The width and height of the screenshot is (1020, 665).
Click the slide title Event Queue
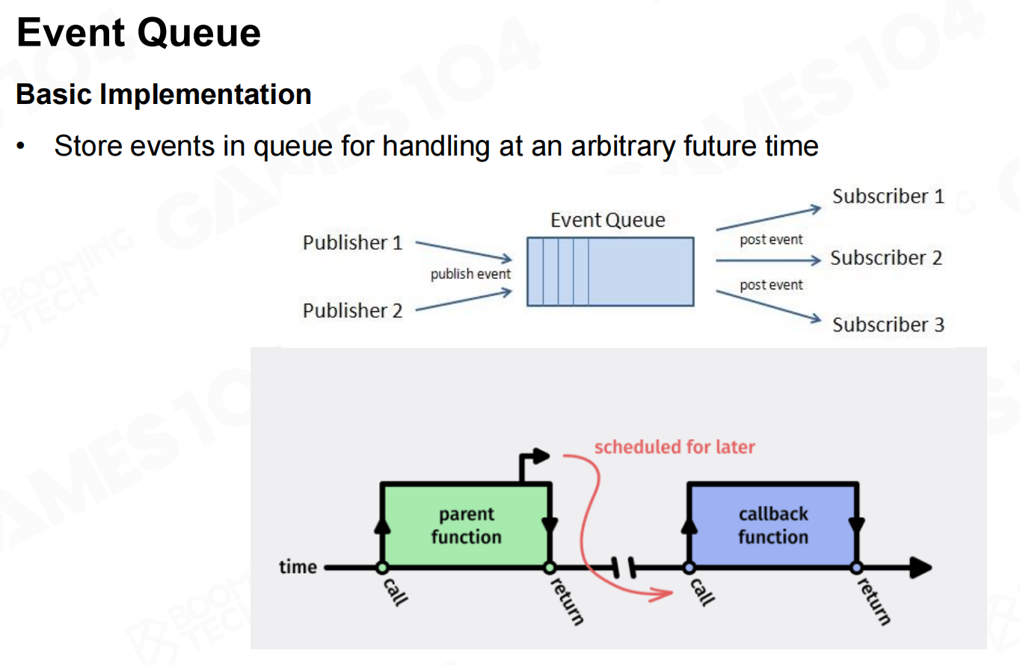click(x=138, y=34)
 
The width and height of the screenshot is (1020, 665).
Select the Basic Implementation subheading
click(x=163, y=95)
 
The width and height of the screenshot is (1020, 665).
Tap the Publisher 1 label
click(x=352, y=242)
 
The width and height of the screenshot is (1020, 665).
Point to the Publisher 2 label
click(x=352, y=310)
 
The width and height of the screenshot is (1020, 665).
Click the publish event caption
click(x=470, y=274)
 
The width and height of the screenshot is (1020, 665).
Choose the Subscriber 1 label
click(x=888, y=197)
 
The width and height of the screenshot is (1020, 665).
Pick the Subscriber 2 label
click(x=886, y=258)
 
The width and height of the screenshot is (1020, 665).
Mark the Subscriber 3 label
click(x=888, y=325)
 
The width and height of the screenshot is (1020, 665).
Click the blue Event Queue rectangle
click(x=609, y=272)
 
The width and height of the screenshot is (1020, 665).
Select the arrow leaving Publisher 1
click(x=464, y=251)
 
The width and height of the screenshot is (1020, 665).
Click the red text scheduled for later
click(x=675, y=447)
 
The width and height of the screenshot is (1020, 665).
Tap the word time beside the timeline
click(x=298, y=567)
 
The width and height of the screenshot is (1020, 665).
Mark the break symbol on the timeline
click(x=622, y=568)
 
